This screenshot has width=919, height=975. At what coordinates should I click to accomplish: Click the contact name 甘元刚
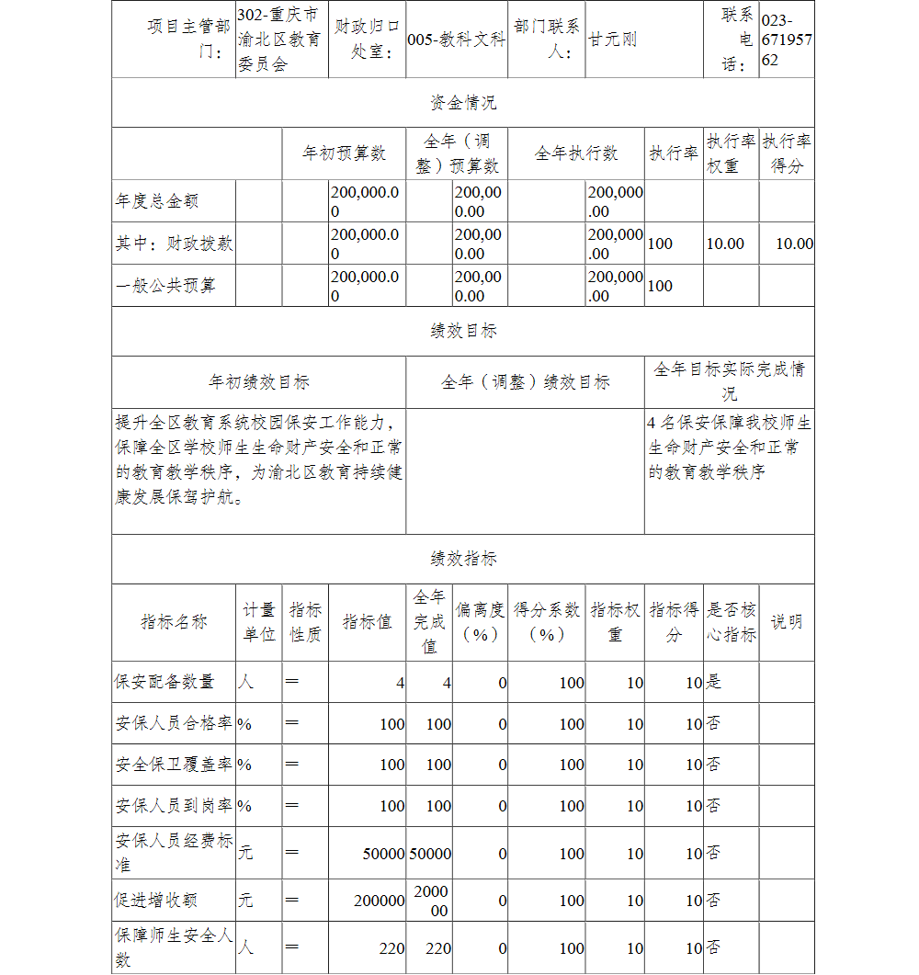[613, 40]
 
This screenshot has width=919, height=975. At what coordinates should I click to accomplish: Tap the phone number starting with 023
[787, 40]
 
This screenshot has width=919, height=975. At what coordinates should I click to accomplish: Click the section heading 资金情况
[463, 103]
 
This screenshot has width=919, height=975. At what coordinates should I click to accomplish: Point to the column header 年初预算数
[344, 153]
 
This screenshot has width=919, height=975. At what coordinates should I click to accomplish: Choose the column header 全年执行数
[576, 153]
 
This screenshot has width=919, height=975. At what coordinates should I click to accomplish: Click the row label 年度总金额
[157, 200]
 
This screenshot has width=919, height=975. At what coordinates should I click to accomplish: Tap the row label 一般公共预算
[165, 285]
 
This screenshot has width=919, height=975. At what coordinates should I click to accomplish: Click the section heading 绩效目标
[463, 331]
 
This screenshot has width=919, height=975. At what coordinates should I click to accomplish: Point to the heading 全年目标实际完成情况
[729, 381]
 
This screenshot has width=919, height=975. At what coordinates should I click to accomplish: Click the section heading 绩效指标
[463, 559]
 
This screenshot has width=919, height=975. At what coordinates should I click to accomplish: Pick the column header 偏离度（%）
[480, 622]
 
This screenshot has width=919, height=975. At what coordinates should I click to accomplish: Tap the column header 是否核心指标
[731, 622]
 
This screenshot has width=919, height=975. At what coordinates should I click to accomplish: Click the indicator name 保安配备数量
[165, 682]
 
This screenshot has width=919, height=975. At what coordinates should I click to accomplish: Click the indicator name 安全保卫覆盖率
[173, 765]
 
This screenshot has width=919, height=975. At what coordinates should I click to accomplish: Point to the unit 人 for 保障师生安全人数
[246, 947]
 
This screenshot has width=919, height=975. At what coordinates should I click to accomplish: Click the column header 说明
[786, 622]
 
